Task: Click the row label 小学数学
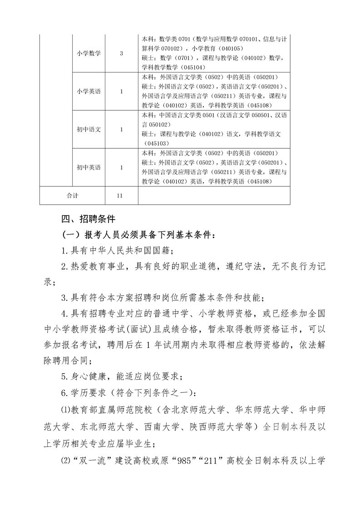point(89,53)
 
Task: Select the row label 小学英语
point(89,91)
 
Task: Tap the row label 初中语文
point(89,129)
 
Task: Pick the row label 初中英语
point(89,167)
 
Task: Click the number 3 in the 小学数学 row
point(121,53)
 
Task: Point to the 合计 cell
point(72,196)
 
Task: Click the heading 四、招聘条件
point(88,219)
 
